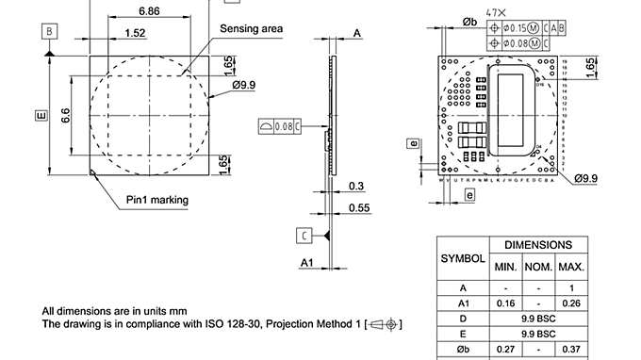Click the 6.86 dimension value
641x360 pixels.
(x=148, y=10)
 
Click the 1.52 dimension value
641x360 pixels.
(x=135, y=33)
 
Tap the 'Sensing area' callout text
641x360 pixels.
(x=251, y=29)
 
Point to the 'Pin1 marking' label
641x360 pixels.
(x=157, y=200)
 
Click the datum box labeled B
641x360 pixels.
(x=48, y=31)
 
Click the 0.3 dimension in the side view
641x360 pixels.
(x=356, y=186)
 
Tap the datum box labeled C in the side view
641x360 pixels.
(x=304, y=235)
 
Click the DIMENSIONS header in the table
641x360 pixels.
(x=538, y=244)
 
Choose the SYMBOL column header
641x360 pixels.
(x=463, y=257)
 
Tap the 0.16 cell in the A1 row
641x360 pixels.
(x=505, y=303)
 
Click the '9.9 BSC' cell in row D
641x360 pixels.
(x=538, y=319)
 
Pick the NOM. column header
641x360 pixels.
(x=538, y=268)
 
